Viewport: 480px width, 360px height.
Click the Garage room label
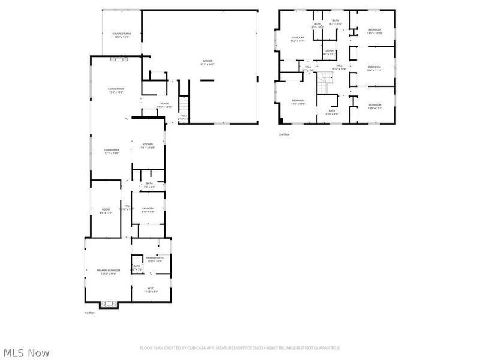coord(208,62)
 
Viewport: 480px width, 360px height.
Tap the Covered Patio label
coord(121,35)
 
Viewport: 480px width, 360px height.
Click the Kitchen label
coord(148,145)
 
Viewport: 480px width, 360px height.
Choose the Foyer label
coord(164,105)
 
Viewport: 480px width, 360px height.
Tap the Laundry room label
coord(148,210)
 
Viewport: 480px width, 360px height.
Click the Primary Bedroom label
coord(109,272)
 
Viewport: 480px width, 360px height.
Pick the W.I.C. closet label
coord(151,290)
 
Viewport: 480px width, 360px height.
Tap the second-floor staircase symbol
coord(325,83)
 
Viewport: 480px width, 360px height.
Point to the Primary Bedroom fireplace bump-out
coord(109,304)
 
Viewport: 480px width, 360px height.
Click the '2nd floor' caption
coord(284,134)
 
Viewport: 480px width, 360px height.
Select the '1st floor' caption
coord(90,313)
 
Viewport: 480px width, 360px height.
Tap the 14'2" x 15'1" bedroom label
coord(298,40)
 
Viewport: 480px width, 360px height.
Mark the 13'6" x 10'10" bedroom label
coord(374,31)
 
